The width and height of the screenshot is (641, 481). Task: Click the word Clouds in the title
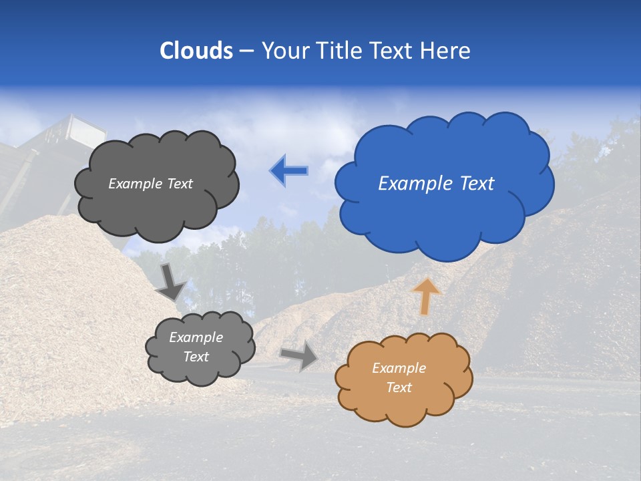coord(196,51)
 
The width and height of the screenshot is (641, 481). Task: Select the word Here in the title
coord(446,51)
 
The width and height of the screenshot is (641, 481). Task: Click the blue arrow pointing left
coord(289,171)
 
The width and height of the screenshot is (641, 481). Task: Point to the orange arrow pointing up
coord(426,296)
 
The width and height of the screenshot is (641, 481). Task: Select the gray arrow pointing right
coord(299,356)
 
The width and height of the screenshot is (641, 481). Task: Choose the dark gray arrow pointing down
coord(170,282)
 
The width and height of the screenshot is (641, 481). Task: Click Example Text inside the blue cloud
coord(436,184)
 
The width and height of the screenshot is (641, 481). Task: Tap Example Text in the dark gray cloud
coord(150,184)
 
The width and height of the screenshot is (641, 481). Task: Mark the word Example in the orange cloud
coord(399,368)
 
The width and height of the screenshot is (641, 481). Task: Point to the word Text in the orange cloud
coord(399,387)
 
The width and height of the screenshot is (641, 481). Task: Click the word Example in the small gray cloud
coord(196,337)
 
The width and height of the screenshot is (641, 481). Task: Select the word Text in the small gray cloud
coord(196,357)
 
